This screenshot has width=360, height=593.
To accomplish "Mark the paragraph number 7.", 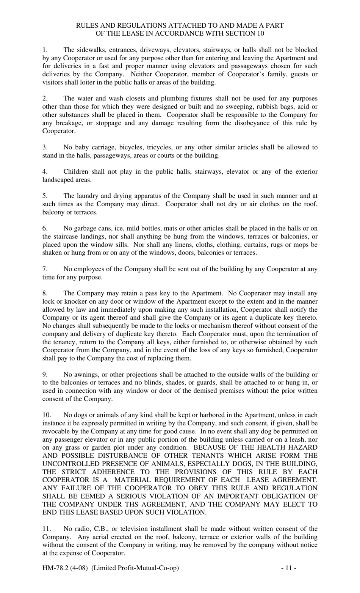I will coord(44,269).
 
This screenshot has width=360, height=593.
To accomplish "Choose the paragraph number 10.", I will coord(46,415).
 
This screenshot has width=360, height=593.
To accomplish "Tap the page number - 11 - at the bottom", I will coord(289,568).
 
